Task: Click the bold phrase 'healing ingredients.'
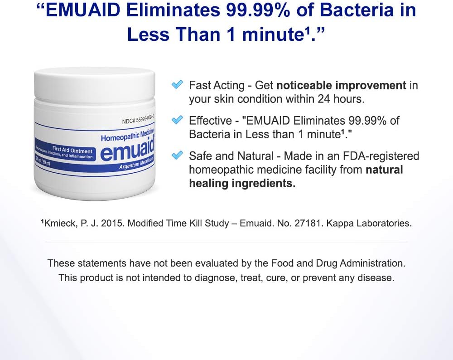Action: pos(242,183)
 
